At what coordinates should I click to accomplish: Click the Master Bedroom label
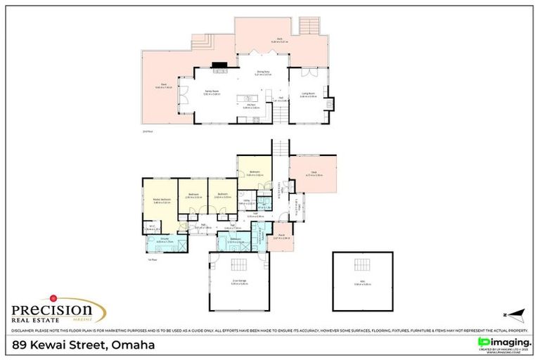click(162, 201)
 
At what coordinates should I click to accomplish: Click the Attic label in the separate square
click(361, 283)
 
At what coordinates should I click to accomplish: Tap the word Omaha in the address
click(131, 345)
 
